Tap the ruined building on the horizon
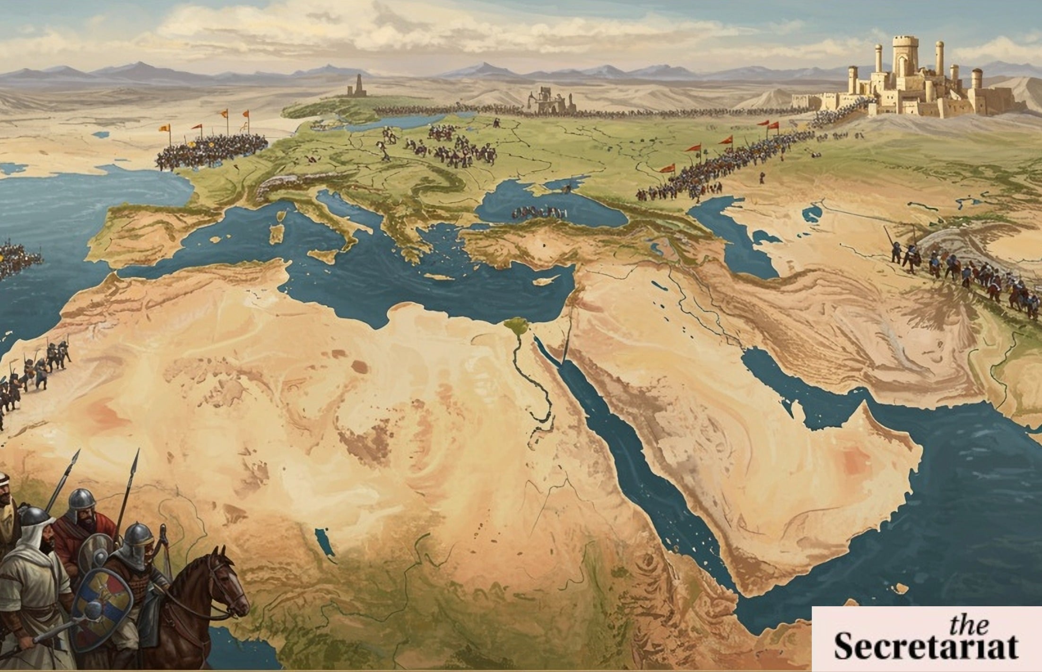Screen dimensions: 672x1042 551,100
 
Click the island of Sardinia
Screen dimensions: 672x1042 276,234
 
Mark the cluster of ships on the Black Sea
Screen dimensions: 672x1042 539,213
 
